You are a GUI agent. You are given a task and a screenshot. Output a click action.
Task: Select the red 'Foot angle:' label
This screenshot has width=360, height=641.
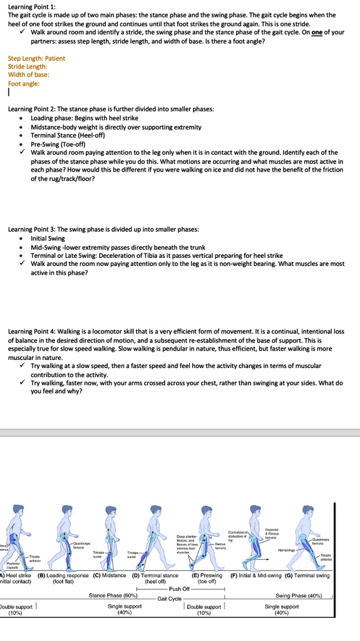click(23, 83)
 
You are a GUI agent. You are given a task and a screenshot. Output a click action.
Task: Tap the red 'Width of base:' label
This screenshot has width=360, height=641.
click(25, 74)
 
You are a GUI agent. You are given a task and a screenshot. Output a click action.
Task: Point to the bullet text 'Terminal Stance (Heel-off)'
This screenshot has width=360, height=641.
click(69, 135)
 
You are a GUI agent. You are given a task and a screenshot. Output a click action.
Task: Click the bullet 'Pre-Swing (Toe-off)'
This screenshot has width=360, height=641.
click(59, 143)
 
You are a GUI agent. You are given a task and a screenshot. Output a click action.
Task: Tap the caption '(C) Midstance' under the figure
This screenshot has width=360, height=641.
click(110, 575)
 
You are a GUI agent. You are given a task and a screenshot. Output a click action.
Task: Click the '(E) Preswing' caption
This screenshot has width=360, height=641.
click(207, 575)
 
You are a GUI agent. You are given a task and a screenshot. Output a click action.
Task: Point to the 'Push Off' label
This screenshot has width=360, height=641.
click(179, 588)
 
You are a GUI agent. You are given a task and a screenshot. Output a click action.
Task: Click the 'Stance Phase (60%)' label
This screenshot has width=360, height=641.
click(113, 596)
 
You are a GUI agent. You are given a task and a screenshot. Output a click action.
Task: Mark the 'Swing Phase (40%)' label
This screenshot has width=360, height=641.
click(299, 596)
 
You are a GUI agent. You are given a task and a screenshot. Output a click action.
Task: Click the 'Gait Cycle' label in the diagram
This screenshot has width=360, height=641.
click(170, 598)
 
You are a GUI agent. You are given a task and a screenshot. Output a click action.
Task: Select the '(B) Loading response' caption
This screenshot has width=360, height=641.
click(63, 575)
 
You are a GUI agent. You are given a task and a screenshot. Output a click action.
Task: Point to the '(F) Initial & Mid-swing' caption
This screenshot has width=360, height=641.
click(256, 575)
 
